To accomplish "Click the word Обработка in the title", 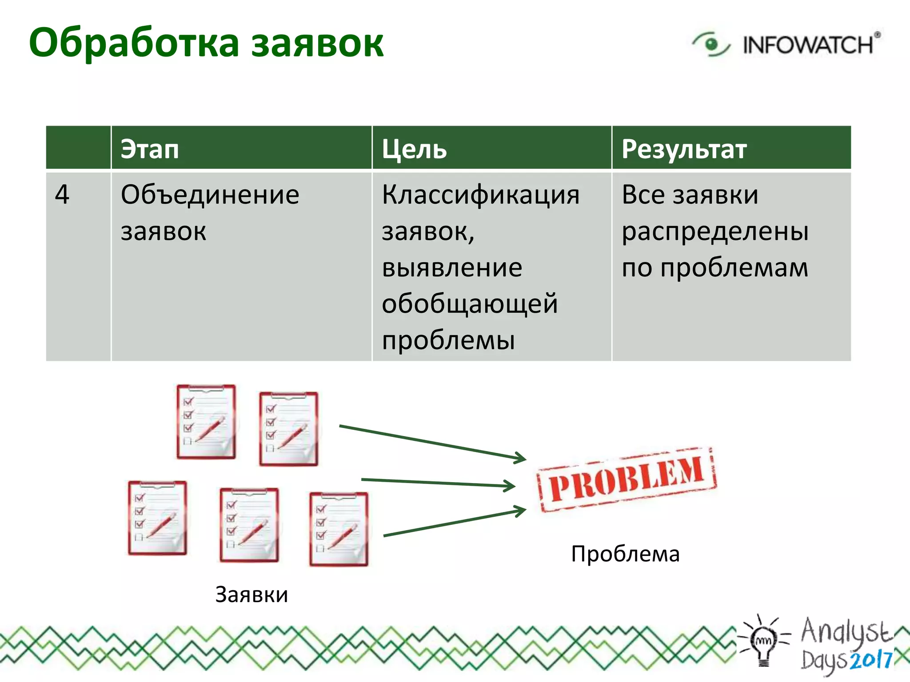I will (133, 44).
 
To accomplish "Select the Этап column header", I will (150, 149).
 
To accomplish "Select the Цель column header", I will (414, 149).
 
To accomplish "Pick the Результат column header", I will (684, 149).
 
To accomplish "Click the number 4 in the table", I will (62, 194).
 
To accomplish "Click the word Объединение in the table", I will (210, 194).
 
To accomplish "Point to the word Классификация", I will (480, 194).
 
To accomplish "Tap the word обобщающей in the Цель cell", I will (469, 304).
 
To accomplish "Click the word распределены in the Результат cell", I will (714, 231).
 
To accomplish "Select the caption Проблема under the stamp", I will (625, 554).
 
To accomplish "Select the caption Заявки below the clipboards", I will (251, 595).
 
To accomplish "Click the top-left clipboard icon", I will (206, 422).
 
